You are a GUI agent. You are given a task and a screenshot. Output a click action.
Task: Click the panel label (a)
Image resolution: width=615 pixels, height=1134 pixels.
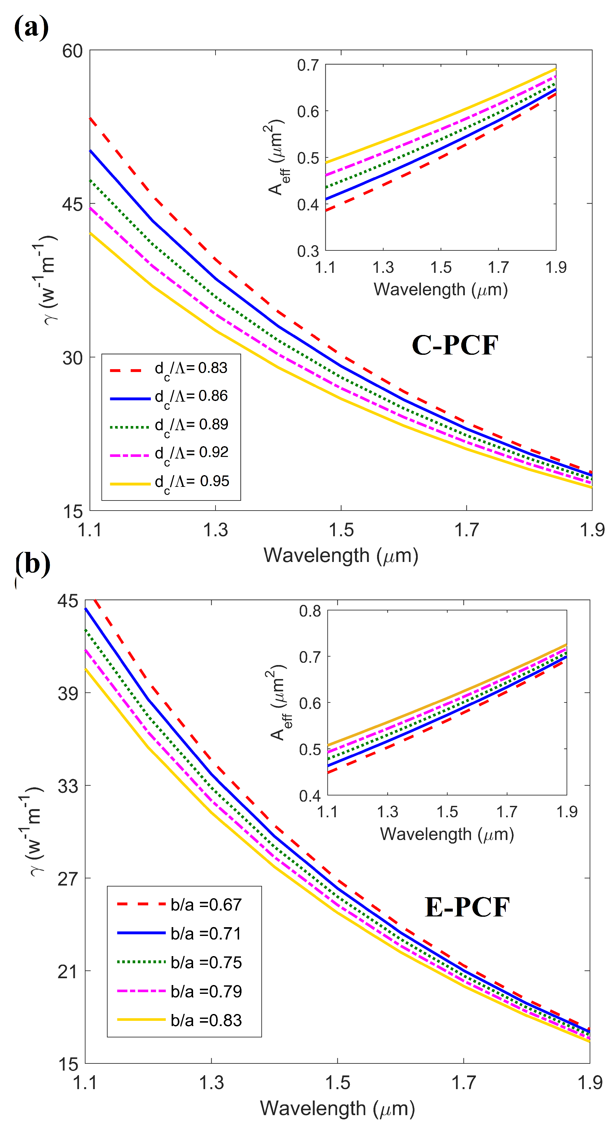[x=31, y=28]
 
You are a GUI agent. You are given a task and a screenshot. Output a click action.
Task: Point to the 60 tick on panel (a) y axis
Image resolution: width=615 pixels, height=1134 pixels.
[x=72, y=51]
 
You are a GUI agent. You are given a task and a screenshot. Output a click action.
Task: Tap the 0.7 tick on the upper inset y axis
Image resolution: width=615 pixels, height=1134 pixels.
[x=307, y=65]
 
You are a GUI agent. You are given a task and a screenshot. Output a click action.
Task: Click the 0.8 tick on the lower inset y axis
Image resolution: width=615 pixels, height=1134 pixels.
[x=310, y=611]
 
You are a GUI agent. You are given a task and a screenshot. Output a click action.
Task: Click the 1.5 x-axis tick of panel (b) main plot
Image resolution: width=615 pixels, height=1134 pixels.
[x=337, y=1083]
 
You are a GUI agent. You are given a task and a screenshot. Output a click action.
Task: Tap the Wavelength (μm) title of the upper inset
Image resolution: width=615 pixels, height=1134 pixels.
[x=441, y=290]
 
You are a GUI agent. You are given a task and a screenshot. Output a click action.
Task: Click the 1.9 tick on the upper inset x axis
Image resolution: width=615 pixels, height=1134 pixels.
[x=556, y=267]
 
